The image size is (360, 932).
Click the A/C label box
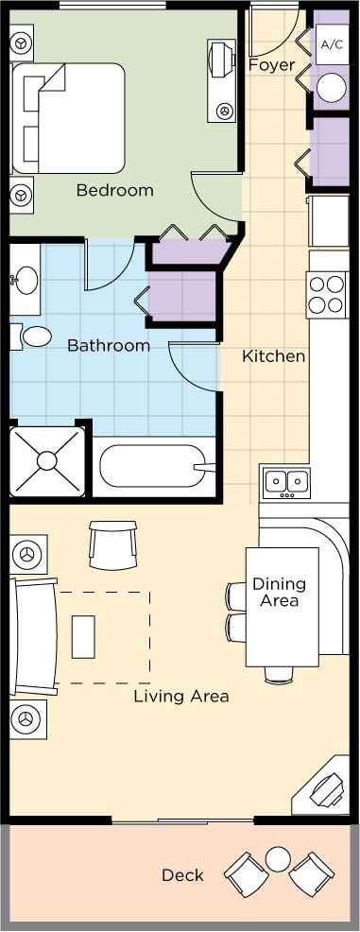(x=332, y=44)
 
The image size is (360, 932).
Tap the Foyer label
(x=271, y=65)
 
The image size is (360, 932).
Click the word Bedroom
(x=114, y=191)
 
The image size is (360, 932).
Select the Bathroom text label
(x=109, y=345)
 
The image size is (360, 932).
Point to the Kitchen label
(x=274, y=356)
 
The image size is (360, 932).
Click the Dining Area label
(x=279, y=592)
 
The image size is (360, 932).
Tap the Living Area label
(x=181, y=697)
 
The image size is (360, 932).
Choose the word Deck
(x=183, y=875)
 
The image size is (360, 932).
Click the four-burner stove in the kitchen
(x=327, y=295)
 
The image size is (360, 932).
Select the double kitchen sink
(x=286, y=482)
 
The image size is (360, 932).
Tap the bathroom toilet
(x=33, y=337)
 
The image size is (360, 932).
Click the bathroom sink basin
(x=25, y=281)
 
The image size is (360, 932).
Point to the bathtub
(x=156, y=467)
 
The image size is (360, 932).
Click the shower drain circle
(x=46, y=461)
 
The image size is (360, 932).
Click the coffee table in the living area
(x=83, y=636)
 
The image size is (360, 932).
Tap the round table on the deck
(x=278, y=859)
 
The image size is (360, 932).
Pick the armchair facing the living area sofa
(x=112, y=544)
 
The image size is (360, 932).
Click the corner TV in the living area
(x=325, y=788)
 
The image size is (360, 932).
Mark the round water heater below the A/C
(x=331, y=88)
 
